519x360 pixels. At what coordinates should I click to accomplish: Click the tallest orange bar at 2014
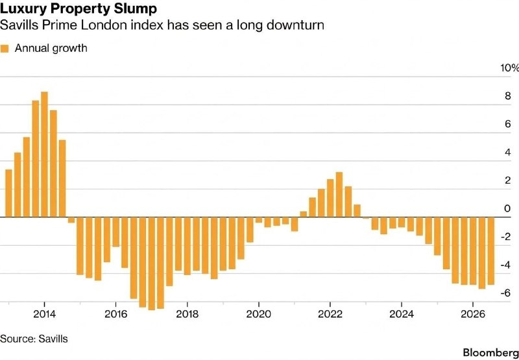pos(44,154)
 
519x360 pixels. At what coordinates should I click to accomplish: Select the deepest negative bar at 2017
pos(152,264)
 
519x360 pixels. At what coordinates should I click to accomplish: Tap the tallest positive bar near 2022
pos(339,195)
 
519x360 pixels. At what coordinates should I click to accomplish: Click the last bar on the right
pos(491,251)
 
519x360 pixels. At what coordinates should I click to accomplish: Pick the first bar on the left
pos(9,193)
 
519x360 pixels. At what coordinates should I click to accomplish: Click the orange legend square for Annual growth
pos(5,49)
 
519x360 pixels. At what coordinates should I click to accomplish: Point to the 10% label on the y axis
pos(509,68)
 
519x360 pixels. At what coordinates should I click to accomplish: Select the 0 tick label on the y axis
pos(507,208)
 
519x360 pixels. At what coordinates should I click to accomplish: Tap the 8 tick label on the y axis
pos(507,96)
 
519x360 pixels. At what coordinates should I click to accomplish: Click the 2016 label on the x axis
pos(116,314)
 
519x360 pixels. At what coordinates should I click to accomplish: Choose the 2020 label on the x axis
pos(258,314)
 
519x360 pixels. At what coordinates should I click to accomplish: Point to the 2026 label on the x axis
pos(473,314)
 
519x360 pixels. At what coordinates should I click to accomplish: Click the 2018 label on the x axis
pos(187,314)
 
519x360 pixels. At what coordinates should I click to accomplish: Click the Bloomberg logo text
pos(491,352)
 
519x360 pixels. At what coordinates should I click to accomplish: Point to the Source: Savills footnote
pos(34,339)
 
